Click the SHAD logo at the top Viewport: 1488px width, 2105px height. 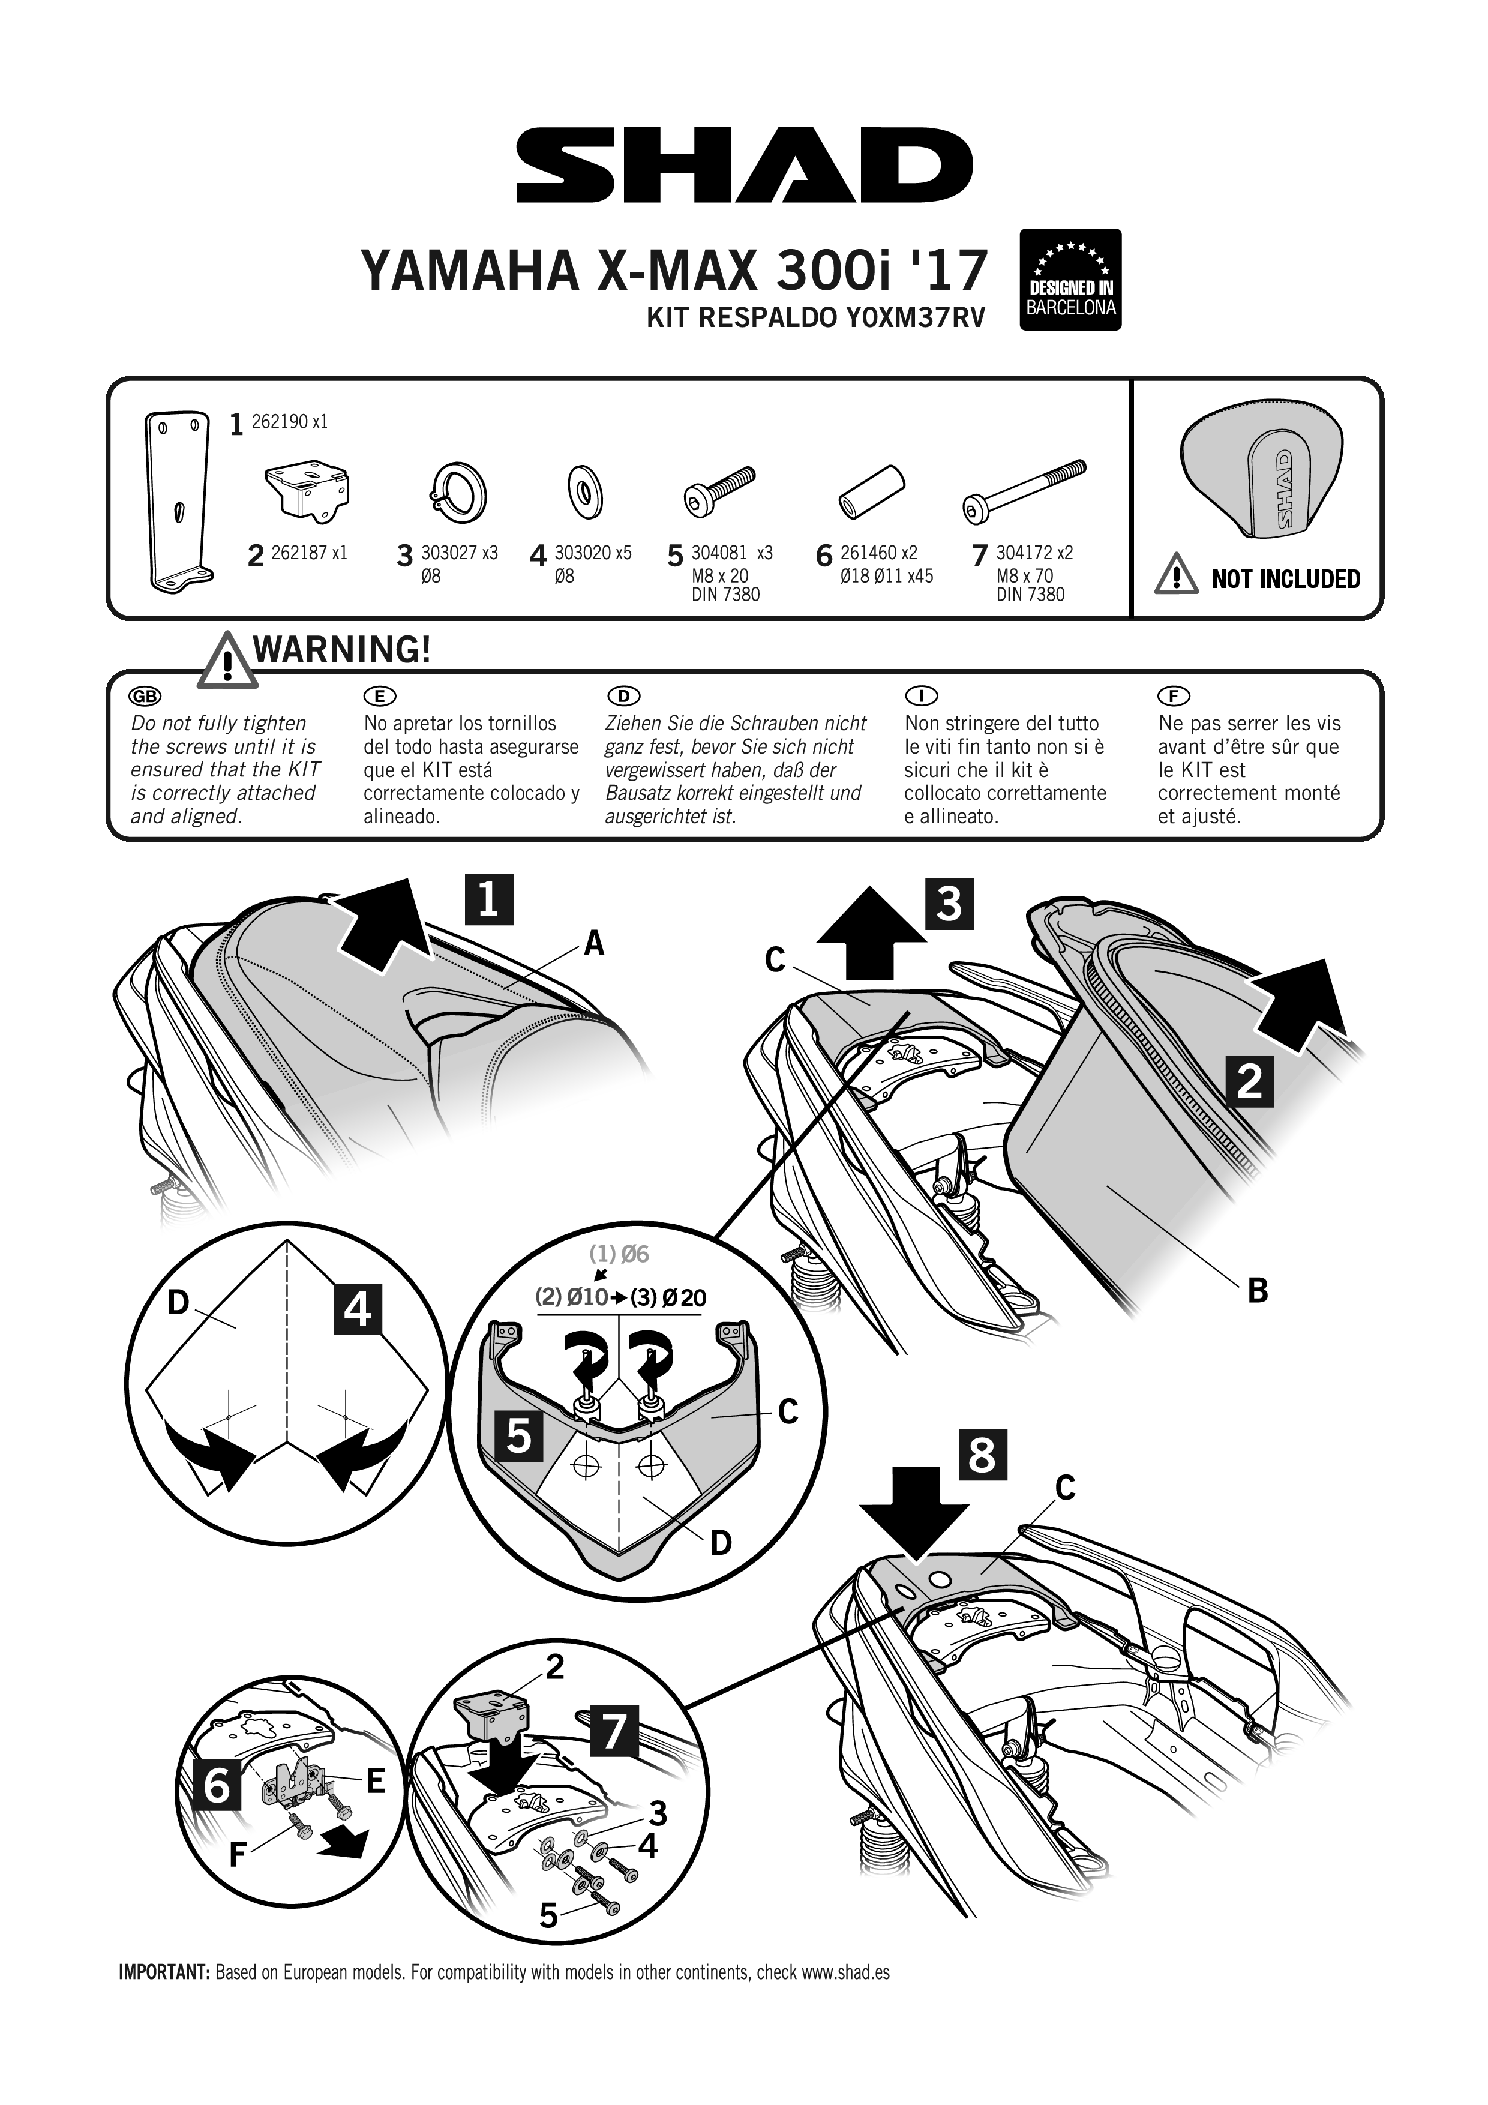click(x=743, y=166)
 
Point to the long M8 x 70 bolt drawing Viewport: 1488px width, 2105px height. click(x=1024, y=492)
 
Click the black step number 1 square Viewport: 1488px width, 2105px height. click(x=488, y=899)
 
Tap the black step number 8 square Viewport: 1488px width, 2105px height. click(x=982, y=1453)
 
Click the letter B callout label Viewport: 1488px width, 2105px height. click(x=1258, y=1291)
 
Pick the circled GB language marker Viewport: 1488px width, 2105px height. click(x=146, y=696)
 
